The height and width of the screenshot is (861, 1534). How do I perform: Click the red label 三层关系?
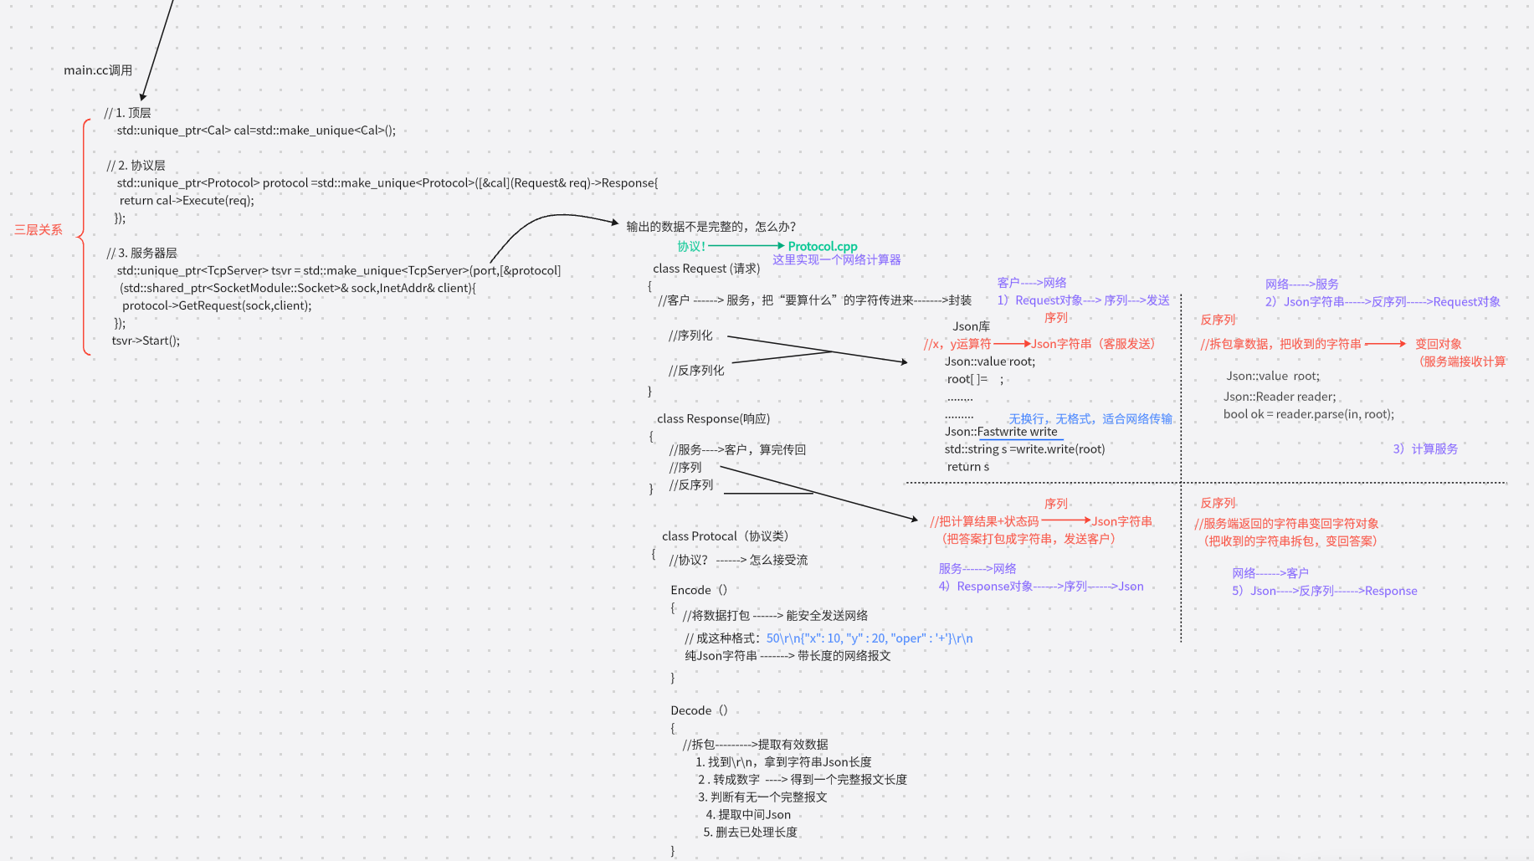click(x=38, y=230)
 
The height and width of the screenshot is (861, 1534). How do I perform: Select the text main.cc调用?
click(x=98, y=70)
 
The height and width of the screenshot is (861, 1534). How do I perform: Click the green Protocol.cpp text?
click(x=822, y=247)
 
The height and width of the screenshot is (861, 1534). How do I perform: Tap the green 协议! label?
click(x=691, y=247)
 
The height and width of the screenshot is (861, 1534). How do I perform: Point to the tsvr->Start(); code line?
click(x=146, y=341)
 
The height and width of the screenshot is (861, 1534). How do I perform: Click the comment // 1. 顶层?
click(x=127, y=113)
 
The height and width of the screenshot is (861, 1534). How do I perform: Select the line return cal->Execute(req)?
click(x=186, y=201)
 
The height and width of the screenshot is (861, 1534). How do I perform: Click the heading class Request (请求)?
click(x=706, y=269)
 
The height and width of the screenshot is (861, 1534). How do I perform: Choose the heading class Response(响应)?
click(x=713, y=419)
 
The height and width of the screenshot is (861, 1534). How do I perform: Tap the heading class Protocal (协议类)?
click(x=725, y=536)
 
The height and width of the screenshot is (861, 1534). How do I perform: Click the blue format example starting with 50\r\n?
click(x=869, y=638)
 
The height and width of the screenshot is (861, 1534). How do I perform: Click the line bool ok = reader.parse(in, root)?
click(x=1308, y=414)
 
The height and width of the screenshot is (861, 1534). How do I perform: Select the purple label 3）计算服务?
click(x=1425, y=449)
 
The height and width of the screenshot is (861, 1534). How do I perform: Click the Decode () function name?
click(x=699, y=710)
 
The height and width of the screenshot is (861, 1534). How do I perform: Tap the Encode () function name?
click(x=699, y=590)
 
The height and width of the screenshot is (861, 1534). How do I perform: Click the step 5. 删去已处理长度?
click(x=750, y=833)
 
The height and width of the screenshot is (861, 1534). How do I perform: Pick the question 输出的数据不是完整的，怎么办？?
click(x=711, y=227)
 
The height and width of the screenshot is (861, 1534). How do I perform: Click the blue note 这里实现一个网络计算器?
click(x=836, y=260)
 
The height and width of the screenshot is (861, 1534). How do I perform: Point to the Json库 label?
click(x=971, y=326)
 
